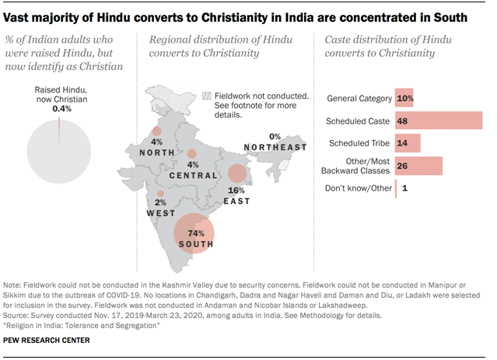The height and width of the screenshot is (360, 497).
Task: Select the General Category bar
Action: [404, 99]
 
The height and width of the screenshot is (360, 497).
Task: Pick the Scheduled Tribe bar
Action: [408, 143]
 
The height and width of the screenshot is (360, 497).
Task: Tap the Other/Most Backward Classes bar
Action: [419, 166]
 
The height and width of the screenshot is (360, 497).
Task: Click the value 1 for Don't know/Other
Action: [404, 188]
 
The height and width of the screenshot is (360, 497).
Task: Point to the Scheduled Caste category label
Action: [357, 121]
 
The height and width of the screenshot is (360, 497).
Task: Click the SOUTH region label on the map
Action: [196, 245]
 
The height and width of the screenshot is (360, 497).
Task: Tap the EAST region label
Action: [237, 201]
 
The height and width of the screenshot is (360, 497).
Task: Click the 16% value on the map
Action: [236, 190]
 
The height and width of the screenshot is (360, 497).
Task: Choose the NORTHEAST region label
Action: [275, 148]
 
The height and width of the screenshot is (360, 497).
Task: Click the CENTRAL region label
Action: [194, 176]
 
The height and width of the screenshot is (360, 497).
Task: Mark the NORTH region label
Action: [157, 153]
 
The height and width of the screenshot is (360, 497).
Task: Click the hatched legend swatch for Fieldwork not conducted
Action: [206, 96]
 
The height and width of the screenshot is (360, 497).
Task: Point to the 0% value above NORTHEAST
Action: [275, 137]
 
